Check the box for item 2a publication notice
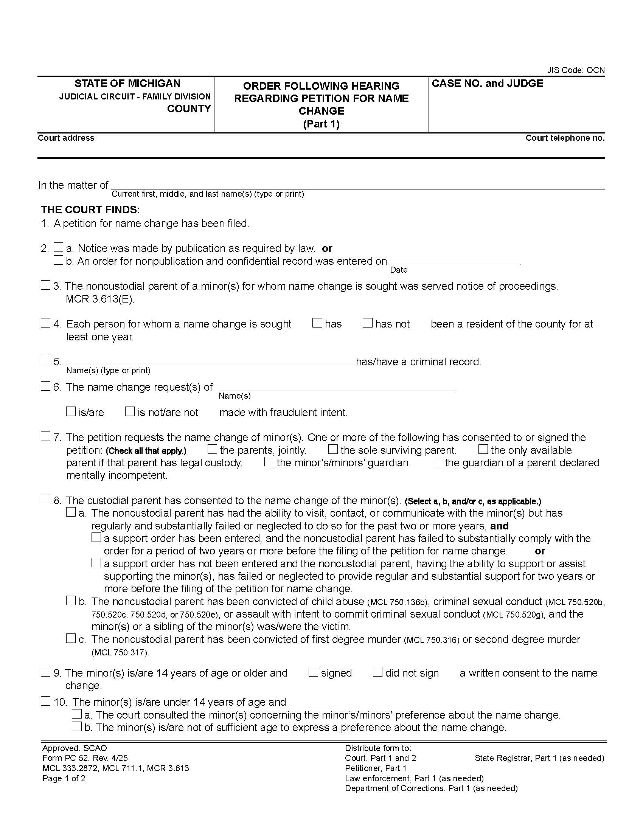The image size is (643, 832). point(58,248)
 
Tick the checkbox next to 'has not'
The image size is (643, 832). point(367,323)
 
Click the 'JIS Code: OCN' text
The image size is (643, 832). point(576,70)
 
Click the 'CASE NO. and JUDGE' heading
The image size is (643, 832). point(487,84)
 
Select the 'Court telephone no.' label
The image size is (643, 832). point(565,138)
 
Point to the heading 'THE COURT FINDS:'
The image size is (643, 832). point(90,210)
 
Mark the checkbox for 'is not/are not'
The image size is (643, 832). point(130,411)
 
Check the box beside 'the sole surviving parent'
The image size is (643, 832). point(333,449)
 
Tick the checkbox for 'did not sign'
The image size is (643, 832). point(377,672)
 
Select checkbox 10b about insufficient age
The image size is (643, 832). point(77,726)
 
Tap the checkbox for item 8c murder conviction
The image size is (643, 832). point(71,638)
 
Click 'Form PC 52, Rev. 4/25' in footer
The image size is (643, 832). point(85,758)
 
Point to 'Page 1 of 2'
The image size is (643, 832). point(64,778)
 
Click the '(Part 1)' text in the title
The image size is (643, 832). point(321,124)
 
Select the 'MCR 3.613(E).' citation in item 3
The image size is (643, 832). point(100,299)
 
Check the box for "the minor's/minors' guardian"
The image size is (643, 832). point(269,462)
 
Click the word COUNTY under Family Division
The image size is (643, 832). point(189,109)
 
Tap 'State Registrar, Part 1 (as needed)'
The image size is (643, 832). point(539,758)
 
